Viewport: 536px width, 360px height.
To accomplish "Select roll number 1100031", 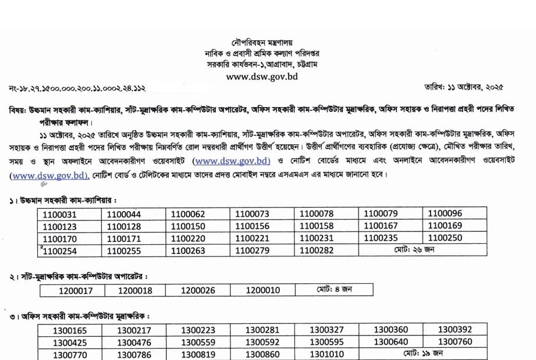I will pyautogui.click(x=59, y=214).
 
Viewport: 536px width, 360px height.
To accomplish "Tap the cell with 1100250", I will pyautogui.click(x=445, y=238).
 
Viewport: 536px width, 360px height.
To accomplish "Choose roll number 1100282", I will pyautogui.click(x=317, y=250).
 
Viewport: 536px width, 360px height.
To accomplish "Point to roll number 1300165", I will pyautogui.click(x=69, y=330).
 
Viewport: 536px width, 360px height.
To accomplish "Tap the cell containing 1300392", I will pyautogui.click(x=455, y=330).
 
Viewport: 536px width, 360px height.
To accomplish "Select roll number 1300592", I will pyautogui.click(x=262, y=342).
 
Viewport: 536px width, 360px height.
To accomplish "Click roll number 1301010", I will pyautogui.click(x=326, y=354).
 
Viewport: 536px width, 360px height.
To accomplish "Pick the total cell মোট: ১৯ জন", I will pyautogui.click(x=422, y=354).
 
